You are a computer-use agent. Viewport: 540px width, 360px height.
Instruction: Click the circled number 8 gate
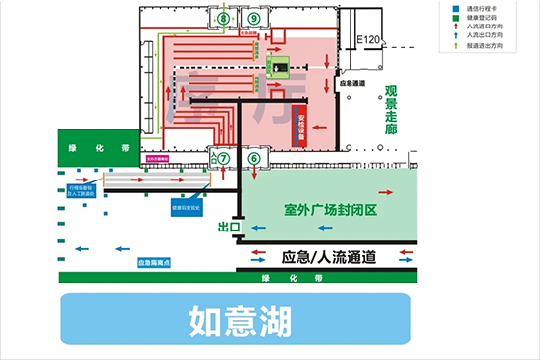click(223, 19)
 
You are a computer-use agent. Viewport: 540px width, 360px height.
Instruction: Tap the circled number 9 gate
click(254, 19)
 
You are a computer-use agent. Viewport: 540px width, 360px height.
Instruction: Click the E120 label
click(367, 39)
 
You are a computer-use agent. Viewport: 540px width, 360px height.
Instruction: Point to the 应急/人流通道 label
click(328, 258)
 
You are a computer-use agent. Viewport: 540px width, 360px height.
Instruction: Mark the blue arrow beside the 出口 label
click(260, 227)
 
